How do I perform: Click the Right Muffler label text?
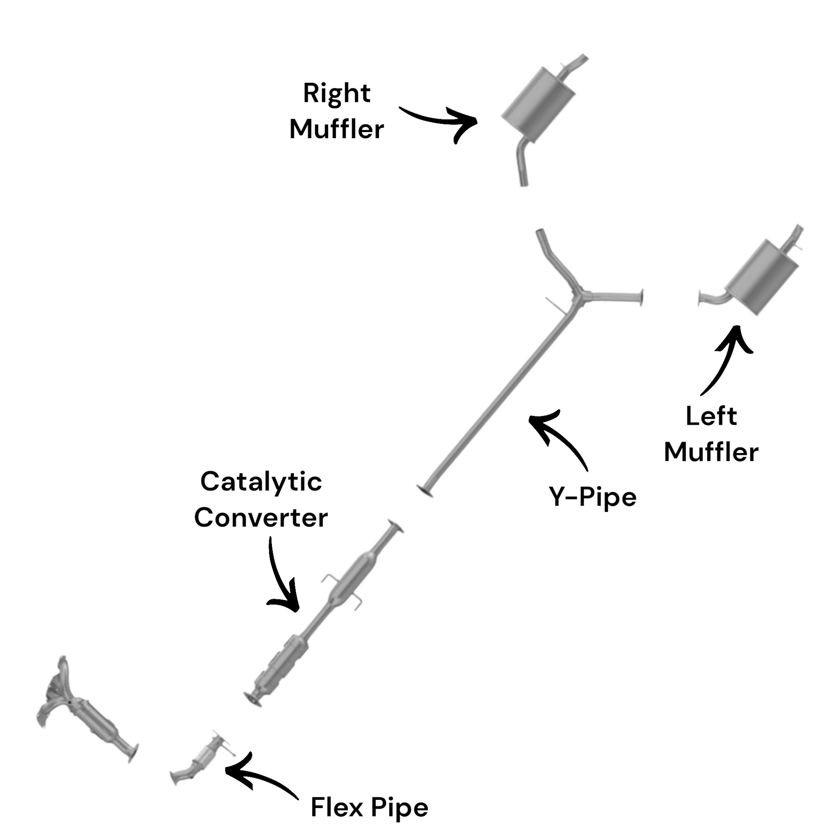click(x=337, y=111)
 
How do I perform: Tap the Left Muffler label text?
click(x=711, y=434)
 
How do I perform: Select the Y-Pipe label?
click(x=592, y=496)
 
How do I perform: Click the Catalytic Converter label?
click(x=261, y=499)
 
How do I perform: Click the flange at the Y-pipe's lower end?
click(x=425, y=491)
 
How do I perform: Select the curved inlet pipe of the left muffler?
click(x=713, y=300)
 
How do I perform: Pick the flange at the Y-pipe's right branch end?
click(x=641, y=297)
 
